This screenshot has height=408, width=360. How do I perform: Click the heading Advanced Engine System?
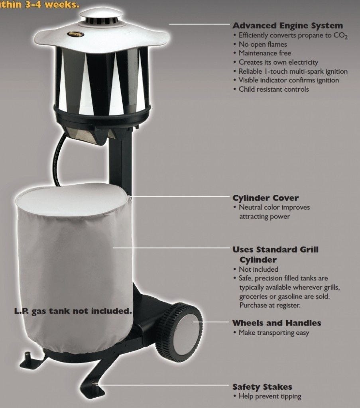[x=287, y=26]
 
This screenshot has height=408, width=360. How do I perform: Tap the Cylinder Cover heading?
[x=266, y=198]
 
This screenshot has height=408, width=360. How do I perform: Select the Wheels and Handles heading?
[x=277, y=323]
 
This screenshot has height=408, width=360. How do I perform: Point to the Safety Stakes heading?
[x=262, y=386]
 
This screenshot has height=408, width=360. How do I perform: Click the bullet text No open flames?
[x=263, y=44]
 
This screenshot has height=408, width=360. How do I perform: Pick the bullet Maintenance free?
[x=265, y=53]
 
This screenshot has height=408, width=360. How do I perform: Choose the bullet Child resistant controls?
[x=273, y=89]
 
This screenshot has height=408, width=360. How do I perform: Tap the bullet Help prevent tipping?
[x=270, y=396]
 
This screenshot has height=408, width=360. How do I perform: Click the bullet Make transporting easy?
[x=274, y=333]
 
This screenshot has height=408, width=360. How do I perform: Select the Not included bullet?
[x=258, y=269]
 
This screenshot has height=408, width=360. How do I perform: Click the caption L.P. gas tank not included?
[x=73, y=311]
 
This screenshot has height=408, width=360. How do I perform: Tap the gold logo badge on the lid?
[x=75, y=34]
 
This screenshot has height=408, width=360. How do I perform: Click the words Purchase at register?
[x=270, y=305]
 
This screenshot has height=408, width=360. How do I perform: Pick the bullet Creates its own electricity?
[x=278, y=63]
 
